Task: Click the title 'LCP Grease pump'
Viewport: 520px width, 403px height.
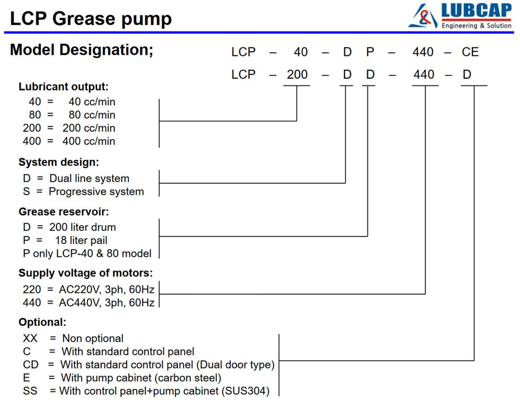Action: pos(91,19)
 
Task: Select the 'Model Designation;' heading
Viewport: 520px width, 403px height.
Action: pos(82,50)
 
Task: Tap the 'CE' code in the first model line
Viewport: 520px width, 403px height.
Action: pos(470,52)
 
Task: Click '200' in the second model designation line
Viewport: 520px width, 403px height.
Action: pos(297,74)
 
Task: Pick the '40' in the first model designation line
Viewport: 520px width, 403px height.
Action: pos(301,52)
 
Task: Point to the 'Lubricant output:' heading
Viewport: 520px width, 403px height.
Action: pos(64,86)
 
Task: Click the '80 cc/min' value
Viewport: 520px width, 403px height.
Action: pos(92,115)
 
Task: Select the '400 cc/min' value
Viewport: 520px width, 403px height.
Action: pos(89,141)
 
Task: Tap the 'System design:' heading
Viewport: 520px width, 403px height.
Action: pos(59,162)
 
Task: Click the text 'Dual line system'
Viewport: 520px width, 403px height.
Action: pos(89,178)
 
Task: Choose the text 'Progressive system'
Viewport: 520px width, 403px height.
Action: pos(96,192)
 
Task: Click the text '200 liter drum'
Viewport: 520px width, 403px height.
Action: pos(82,227)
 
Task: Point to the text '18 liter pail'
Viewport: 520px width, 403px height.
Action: pos(82,240)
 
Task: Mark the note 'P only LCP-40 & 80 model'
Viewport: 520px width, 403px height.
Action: pos(87,254)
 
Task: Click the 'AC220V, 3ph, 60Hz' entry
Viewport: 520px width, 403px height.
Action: pos(107,290)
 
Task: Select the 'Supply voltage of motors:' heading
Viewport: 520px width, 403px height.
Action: pos(86,273)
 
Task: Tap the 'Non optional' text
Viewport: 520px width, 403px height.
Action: pos(93,338)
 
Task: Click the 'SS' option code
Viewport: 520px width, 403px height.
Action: pos(30,391)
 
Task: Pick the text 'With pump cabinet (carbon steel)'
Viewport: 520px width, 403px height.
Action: pos(141,378)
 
